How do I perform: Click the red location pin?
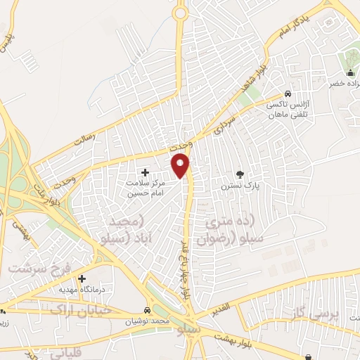pyautogui.click(x=181, y=165)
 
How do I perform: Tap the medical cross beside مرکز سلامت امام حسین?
pyautogui.click(x=146, y=172)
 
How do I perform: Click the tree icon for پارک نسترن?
pyautogui.click(x=240, y=174)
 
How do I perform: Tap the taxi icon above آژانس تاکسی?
pyautogui.click(x=288, y=94)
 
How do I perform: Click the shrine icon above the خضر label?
pyautogui.click(x=351, y=74)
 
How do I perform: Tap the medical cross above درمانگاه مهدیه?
pyautogui.click(x=82, y=279)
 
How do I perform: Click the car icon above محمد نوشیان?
pyautogui.click(x=147, y=310)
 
